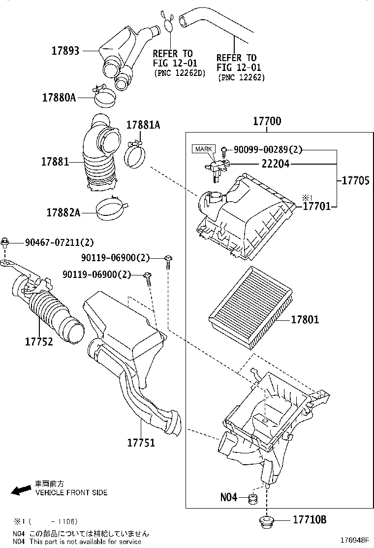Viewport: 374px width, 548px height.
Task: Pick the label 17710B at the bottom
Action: (310, 519)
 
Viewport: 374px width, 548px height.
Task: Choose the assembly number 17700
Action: (267, 121)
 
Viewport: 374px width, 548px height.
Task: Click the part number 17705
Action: (354, 180)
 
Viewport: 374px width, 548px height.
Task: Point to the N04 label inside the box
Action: (229, 497)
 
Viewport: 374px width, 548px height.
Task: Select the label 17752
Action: (38, 341)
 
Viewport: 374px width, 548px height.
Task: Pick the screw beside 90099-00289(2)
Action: (224, 149)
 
